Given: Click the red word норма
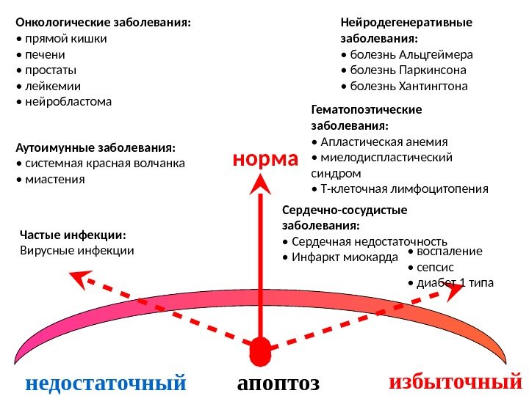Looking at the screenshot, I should point(266,158).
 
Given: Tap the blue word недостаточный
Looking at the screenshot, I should point(106,382).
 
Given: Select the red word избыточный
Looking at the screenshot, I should point(455,381).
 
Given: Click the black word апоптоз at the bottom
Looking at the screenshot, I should point(278,383).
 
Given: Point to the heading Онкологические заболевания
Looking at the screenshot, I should point(103,23).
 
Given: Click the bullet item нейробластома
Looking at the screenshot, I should point(67,101).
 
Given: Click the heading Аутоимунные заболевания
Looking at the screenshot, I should point(96,147).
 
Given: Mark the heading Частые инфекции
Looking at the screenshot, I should point(73,235).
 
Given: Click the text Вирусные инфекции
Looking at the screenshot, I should point(77,251).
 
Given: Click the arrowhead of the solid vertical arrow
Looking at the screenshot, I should point(259,184).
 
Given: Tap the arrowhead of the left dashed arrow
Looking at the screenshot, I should point(76,277).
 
